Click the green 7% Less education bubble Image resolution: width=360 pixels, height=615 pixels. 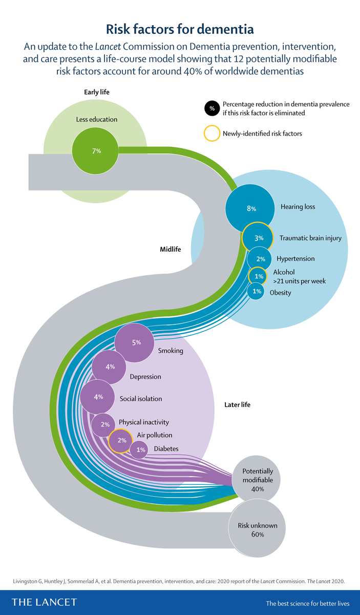tap(96, 151)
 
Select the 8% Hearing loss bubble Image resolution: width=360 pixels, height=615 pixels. tap(250, 208)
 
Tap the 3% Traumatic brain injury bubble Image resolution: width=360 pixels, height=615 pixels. tap(259, 238)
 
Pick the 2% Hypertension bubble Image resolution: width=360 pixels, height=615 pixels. tap(260, 259)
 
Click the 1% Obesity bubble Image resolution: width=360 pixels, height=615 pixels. tap(256, 292)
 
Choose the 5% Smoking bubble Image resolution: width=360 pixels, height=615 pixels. tap(136, 342)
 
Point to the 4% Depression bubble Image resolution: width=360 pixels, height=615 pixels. tap(110, 367)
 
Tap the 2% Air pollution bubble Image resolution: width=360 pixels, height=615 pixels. tap(121, 440)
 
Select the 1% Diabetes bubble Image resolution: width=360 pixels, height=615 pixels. tap(139, 450)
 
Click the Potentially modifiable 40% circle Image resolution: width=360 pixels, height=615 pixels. tap(258, 480)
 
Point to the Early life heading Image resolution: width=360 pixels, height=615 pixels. tap(97, 92)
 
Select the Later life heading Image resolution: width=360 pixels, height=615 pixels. tap(237, 405)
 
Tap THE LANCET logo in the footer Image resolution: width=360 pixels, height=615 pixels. tap(44, 602)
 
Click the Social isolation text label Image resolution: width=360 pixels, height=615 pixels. tap(141, 399)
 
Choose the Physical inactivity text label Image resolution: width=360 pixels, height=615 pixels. tap(144, 423)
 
